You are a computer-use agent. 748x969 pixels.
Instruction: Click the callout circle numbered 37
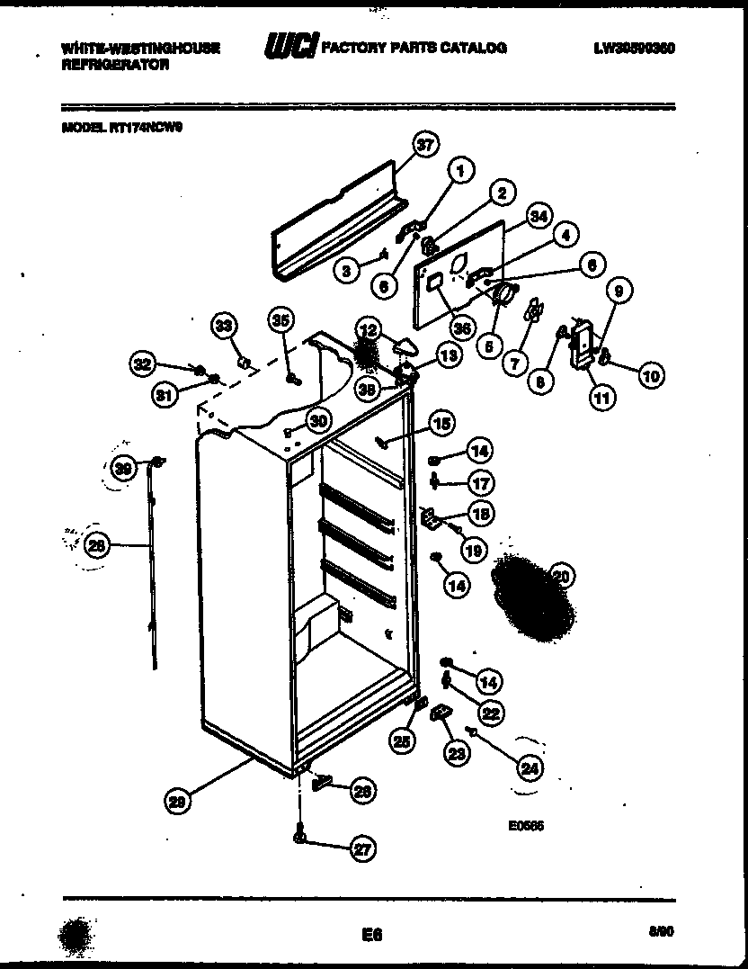click(425, 144)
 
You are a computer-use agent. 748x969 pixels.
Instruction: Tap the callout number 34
click(538, 216)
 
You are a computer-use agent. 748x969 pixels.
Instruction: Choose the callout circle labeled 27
click(363, 848)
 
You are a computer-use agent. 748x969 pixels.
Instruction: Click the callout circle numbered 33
click(224, 325)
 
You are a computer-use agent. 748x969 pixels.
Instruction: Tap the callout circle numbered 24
click(531, 767)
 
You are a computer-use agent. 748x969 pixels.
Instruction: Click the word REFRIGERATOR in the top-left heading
click(115, 66)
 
